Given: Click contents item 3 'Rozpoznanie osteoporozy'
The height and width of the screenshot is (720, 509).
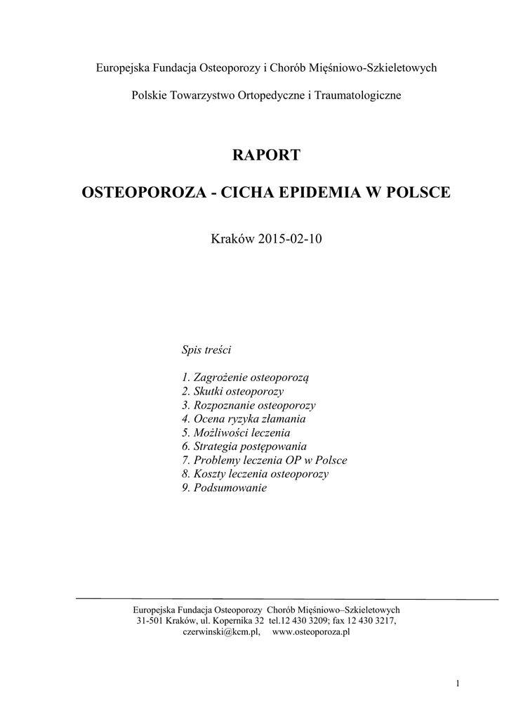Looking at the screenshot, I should [x=249, y=405].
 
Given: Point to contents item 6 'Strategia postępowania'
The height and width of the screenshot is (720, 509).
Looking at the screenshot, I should [x=244, y=446].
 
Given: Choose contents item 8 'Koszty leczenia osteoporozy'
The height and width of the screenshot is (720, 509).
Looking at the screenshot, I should [x=255, y=474].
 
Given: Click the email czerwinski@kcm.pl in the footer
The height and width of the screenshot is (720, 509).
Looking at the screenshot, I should [x=221, y=632].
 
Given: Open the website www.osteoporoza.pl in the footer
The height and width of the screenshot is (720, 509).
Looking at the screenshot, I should [x=311, y=632].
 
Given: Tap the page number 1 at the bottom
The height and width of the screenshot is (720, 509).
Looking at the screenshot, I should [x=457, y=683].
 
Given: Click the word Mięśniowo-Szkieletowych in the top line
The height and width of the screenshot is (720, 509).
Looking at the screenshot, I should [x=380, y=67].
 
